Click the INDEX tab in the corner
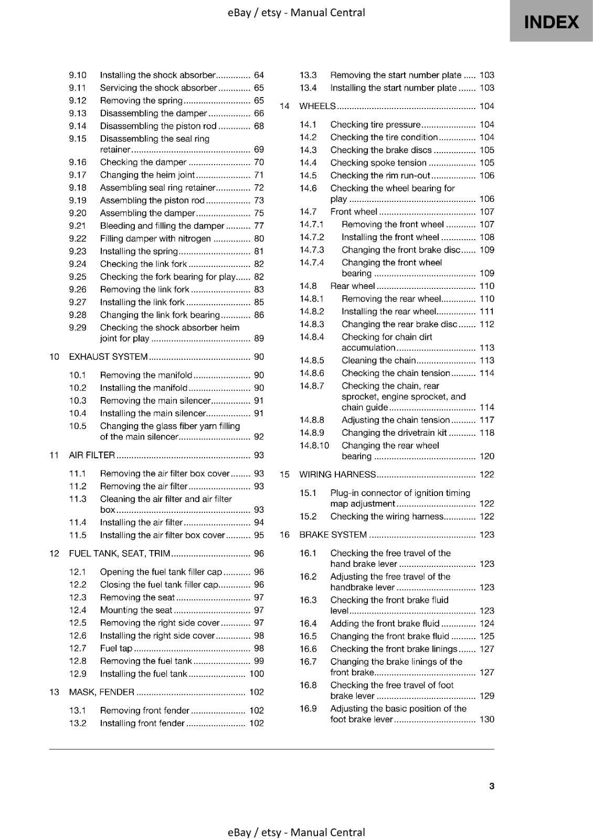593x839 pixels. point(551,21)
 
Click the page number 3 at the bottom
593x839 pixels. point(491,786)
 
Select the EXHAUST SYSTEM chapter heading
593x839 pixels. point(108,357)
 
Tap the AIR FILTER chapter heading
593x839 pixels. point(92,455)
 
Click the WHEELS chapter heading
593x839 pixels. point(317,106)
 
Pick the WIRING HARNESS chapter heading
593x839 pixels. point(337,474)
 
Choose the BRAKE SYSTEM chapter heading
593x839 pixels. point(333,534)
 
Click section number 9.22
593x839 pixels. point(78,239)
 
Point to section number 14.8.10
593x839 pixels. point(314,445)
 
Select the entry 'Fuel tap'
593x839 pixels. point(116,648)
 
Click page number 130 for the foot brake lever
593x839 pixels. point(486,719)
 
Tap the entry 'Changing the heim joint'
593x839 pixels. point(147,175)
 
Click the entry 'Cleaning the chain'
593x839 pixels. point(378,360)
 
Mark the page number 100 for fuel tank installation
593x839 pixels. point(256,673)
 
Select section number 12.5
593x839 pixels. point(78,622)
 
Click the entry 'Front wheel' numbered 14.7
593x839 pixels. point(353,211)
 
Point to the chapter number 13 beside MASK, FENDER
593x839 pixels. point(54,692)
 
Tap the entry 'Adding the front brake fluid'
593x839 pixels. point(385,623)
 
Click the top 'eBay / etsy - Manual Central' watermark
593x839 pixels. point(296,13)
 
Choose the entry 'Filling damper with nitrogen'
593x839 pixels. point(155,239)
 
